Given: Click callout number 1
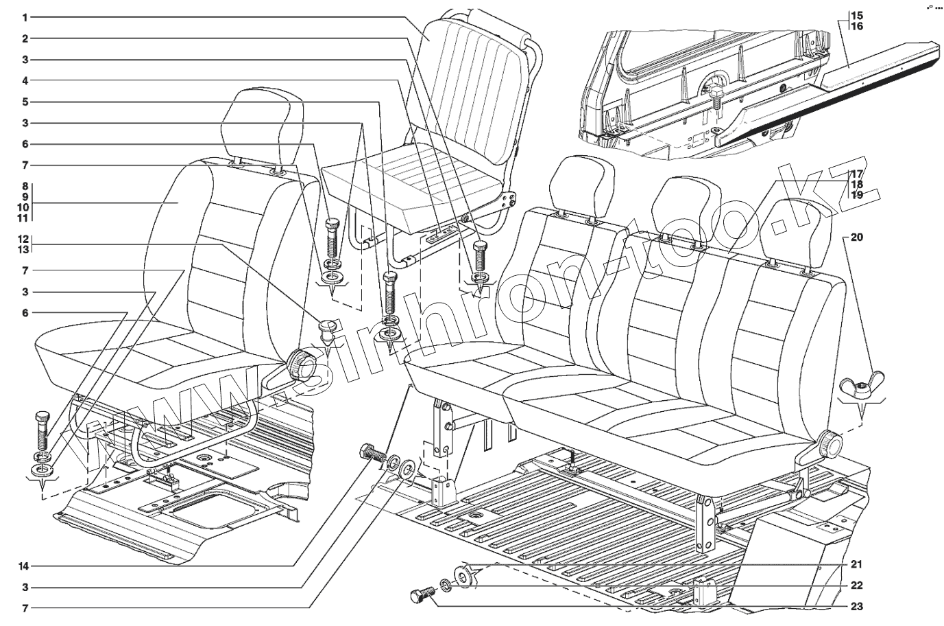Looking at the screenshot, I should (25, 16).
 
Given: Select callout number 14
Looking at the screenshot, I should (25, 566).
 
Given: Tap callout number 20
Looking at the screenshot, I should (857, 237).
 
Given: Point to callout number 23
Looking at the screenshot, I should (856, 607).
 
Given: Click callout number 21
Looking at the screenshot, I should (856, 564).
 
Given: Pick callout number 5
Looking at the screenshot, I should (25, 102).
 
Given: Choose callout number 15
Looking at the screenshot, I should (856, 15).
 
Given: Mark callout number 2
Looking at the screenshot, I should (25, 38).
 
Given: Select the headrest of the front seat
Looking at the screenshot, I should (263, 127).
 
